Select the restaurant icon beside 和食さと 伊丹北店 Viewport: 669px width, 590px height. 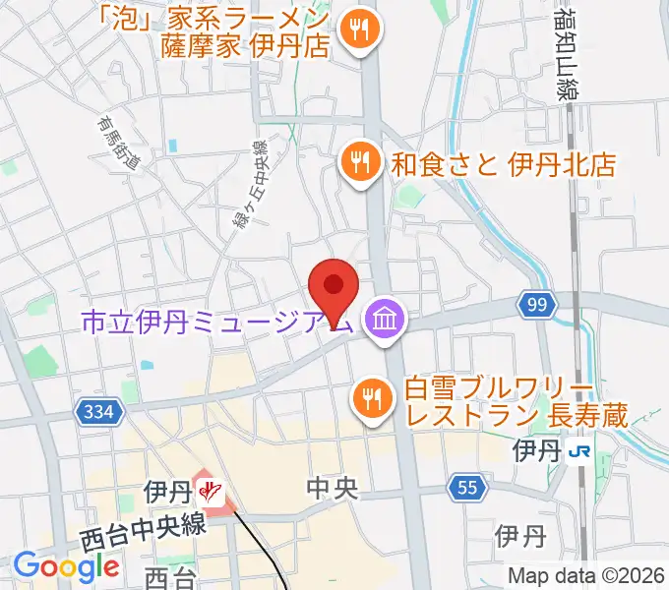(x=359, y=161)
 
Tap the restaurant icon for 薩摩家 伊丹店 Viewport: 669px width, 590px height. (x=355, y=29)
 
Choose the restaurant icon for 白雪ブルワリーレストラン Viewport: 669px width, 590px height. (x=372, y=397)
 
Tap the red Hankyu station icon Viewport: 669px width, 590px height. (x=209, y=489)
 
